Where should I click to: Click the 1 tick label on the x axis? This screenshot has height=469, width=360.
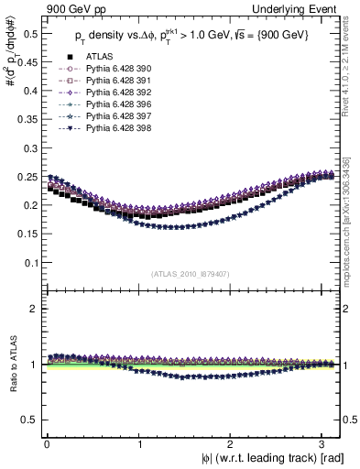(x=139, y=443)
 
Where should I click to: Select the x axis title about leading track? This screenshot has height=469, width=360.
(x=265, y=458)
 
